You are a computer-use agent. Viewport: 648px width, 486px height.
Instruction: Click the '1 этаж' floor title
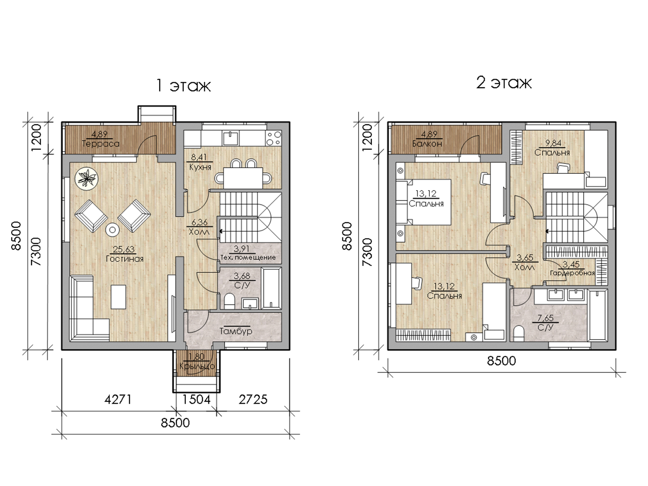click(x=183, y=85)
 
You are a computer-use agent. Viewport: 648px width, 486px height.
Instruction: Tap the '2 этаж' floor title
click(x=504, y=82)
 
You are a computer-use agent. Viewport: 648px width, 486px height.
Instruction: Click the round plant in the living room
click(x=86, y=178)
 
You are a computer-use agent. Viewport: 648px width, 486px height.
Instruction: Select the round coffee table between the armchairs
click(x=112, y=230)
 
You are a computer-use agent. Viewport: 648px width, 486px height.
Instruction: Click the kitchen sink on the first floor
click(x=230, y=138)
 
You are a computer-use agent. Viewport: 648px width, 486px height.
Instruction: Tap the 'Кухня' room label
click(x=200, y=167)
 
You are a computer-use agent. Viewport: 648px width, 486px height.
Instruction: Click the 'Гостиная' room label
click(x=125, y=259)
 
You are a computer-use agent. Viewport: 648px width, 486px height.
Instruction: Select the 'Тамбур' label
click(x=236, y=331)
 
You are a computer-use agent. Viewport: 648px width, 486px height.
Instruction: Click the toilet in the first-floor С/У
click(x=229, y=301)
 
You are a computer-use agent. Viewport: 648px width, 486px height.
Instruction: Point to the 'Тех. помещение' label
click(x=248, y=257)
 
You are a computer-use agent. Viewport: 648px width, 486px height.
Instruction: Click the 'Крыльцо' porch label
click(x=197, y=366)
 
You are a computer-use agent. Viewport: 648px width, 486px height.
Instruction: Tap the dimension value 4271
click(x=118, y=400)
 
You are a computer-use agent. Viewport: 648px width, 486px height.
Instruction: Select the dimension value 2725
click(x=253, y=400)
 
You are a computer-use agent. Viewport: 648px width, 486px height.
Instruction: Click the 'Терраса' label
click(x=101, y=144)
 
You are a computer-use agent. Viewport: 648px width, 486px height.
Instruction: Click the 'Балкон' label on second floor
click(x=427, y=144)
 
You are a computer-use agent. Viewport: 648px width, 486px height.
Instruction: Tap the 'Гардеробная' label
click(x=572, y=273)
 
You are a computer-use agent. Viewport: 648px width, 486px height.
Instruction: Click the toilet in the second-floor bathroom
click(x=518, y=333)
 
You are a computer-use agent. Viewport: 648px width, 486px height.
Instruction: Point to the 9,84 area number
click(x=553, y=143)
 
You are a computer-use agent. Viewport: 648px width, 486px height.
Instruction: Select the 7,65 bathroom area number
click(x=545, y=318)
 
